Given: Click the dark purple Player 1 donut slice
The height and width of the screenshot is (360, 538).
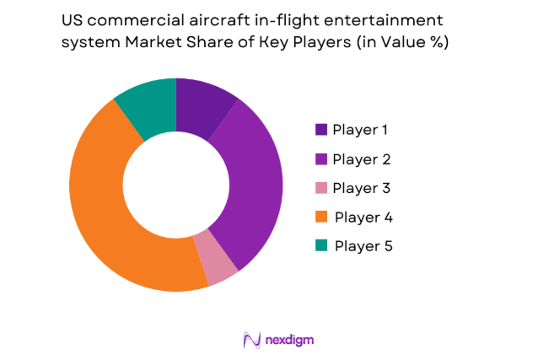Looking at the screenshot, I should [199, 106].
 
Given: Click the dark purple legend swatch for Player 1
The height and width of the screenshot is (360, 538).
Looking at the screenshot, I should [321, 130].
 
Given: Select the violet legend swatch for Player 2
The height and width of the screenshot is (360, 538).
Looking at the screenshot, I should [321, 159].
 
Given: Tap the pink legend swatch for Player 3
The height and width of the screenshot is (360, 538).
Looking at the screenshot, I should [321, 187].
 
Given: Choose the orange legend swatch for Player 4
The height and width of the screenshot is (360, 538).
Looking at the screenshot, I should [321, 217].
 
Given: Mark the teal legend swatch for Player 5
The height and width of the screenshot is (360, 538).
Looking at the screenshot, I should [321, 245].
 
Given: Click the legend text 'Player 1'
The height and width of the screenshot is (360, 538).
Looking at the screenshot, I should [361, 130].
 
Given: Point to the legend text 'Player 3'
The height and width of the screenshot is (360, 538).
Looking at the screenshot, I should [361, 187].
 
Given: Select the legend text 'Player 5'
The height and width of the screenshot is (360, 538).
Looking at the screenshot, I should [363, 245].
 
